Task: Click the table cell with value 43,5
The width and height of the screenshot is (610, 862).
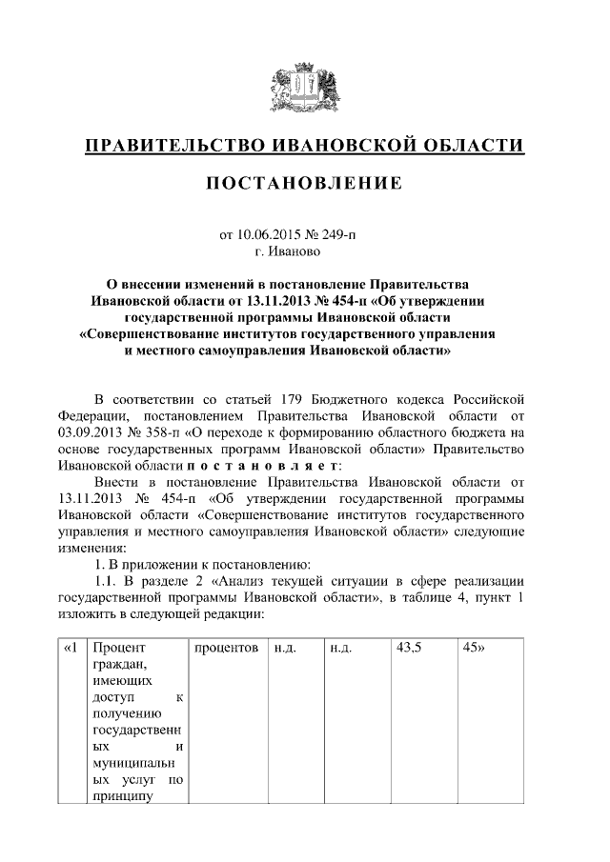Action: pos(409,648)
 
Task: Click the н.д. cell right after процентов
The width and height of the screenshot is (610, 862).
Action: pos(286,648)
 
